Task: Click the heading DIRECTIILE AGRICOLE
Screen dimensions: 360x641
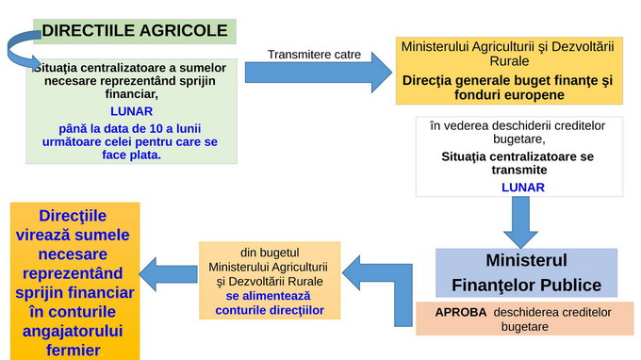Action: click(135, 31)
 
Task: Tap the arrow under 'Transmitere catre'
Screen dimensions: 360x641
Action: click(317, 71)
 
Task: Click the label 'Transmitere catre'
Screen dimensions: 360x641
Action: click(314, 54)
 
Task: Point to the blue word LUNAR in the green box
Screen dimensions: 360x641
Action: click(131, 110)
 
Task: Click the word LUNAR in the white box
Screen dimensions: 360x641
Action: click(522, 188)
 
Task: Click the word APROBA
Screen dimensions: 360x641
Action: click(460, 313)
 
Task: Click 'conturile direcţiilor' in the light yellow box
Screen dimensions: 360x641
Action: click(270, 308)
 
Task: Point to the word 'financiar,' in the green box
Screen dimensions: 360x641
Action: click(131, 94)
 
